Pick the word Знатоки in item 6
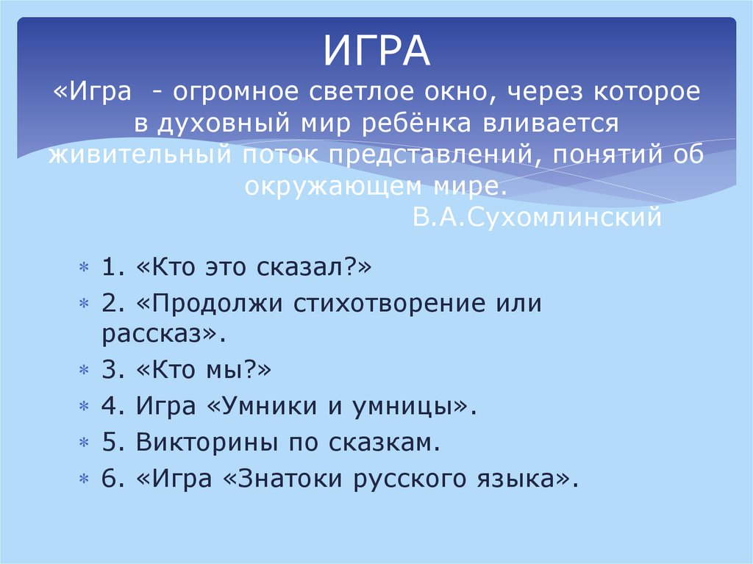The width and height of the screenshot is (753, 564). click(288, 479)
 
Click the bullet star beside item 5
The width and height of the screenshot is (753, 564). click(85, 443)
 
